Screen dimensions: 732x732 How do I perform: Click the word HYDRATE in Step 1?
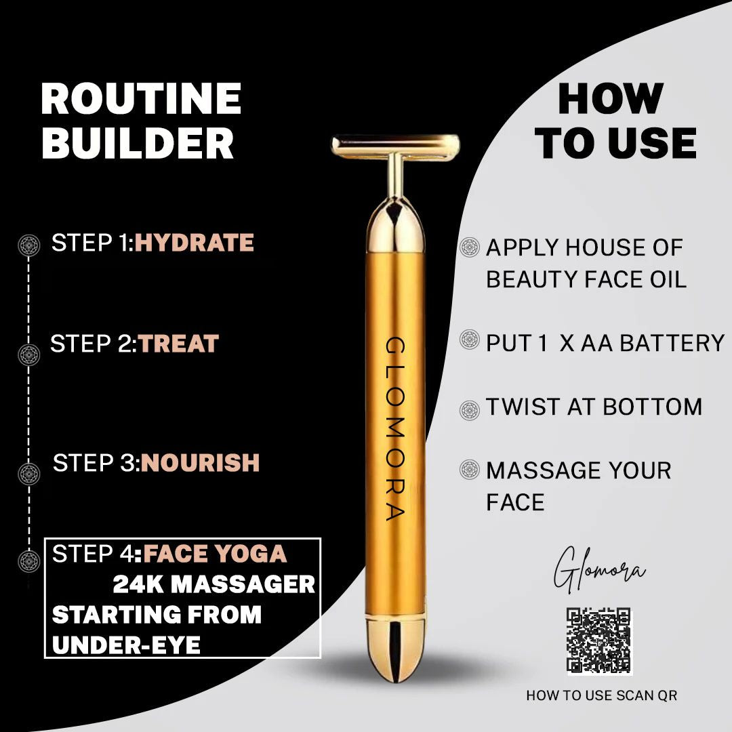pos(195,243)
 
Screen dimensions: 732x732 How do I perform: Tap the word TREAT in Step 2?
pos(179,344)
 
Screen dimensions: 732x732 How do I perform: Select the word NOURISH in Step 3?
pos(200,463)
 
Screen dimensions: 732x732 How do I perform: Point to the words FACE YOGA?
pos(215,554)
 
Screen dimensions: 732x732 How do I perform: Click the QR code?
pos(599,640)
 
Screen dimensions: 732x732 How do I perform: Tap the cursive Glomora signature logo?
pos(599,569)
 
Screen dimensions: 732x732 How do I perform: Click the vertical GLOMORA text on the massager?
pos(395,428)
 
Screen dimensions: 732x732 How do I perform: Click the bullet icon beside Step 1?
pos(29,245)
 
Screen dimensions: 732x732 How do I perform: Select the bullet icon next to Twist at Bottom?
pos(470,410)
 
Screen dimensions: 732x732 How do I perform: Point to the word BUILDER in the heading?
pos(138,142)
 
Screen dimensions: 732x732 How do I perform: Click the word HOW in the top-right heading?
pos(611,98)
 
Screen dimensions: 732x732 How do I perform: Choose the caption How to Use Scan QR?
pos(601,695)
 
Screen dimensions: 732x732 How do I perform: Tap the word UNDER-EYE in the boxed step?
pos(127,646)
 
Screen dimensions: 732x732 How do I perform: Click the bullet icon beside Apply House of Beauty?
pos(470,247)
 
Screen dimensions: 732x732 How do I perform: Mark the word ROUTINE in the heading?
pos(141,98)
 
